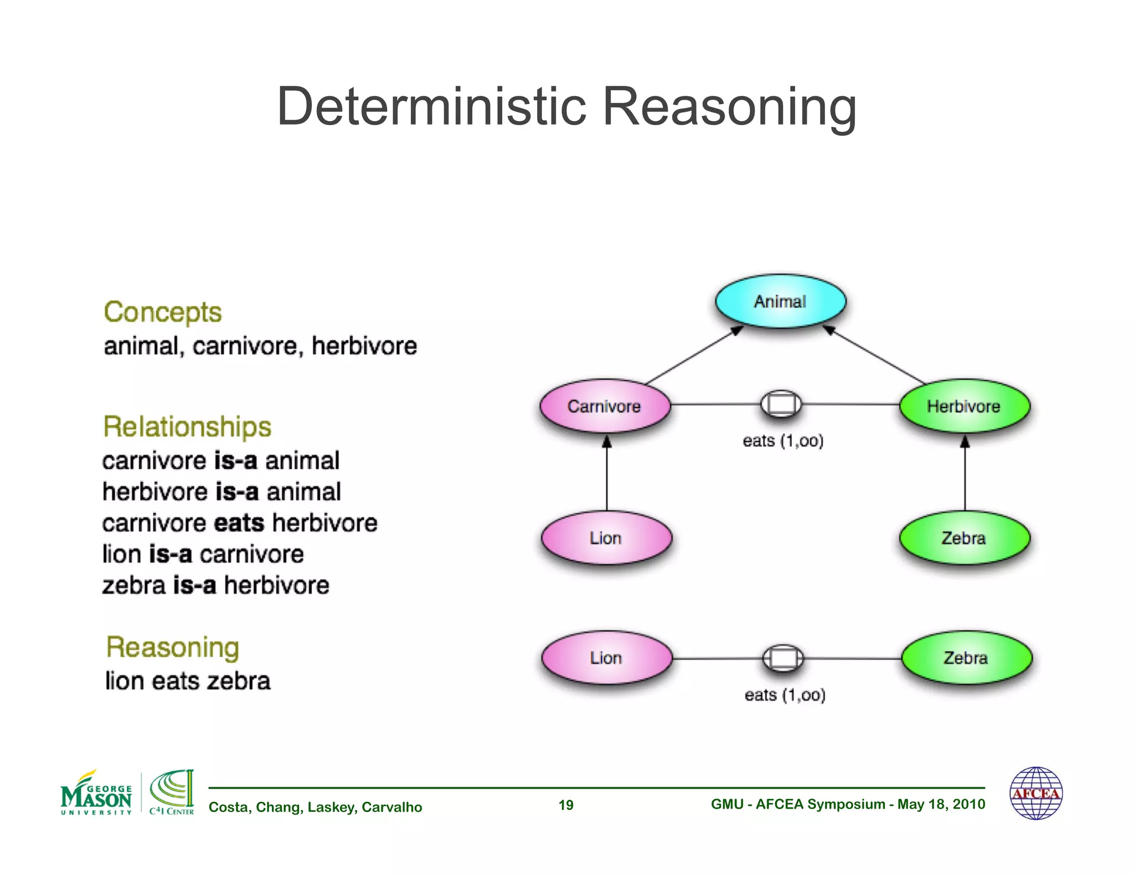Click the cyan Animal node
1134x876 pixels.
coord(780,301)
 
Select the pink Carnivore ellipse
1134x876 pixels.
coord(605,406)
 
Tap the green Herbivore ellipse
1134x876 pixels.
coord(964,406)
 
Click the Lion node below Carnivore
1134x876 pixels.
coord(606,538)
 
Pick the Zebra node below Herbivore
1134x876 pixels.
coord(964,538)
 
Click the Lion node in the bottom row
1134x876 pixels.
coord(606,658)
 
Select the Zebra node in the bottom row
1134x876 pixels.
coord(966,658)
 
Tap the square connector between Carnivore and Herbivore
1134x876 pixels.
coord(781,404)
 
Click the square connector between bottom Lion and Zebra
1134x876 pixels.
coord(783,658)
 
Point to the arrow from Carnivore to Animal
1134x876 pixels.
coord(695,355)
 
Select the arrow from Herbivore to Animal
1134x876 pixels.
coord(875,355)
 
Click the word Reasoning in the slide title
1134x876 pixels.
coord(729,106)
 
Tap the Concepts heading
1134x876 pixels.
coord(162,312)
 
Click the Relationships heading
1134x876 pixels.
coord(187,427)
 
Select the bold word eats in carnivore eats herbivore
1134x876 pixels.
coord(239,523)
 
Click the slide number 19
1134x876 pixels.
coord(566,805)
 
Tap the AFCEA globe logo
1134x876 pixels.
coord(1036,793)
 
